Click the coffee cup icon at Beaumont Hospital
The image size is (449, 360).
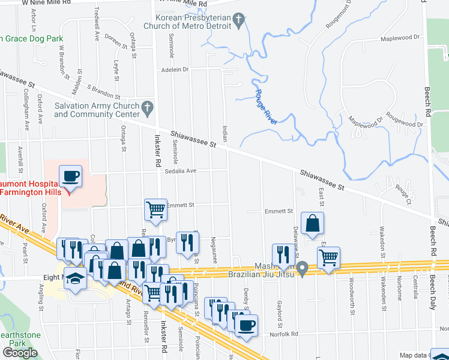click(71, 176)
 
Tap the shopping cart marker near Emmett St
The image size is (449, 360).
click(155, 210)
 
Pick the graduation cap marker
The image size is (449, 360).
click(76, 278)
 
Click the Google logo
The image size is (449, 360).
click(20, 353)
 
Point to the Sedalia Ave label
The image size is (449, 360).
click(181, 170)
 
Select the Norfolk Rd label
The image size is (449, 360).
click(284, 334)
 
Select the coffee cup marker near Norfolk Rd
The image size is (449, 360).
click(246, 326)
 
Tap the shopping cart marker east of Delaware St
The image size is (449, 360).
click(328, 258)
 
